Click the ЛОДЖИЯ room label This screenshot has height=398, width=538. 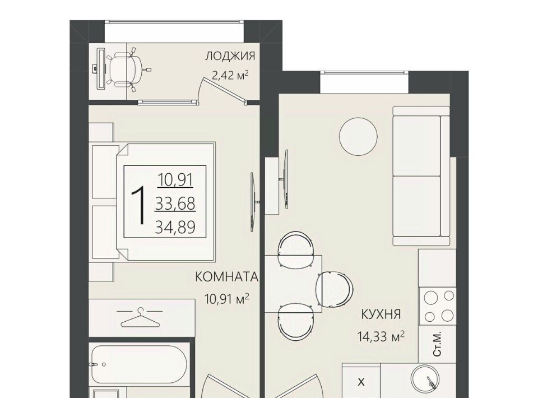tap(230, 56)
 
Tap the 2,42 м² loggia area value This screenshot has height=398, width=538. tap(230, 75)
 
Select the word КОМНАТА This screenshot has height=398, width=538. tap(227, 277)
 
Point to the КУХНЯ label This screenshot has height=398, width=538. tap(381, 314)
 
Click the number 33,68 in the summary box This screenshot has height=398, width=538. tap(175, 203)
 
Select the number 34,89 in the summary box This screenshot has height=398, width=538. tap(175, 227)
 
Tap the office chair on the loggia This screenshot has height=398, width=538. tap(128, 70)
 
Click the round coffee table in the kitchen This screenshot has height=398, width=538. tap(358, 137)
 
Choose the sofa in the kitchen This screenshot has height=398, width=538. tap(421, 176)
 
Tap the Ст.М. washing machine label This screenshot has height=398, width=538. tap(437, 344)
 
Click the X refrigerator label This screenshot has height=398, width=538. tap(361, 382)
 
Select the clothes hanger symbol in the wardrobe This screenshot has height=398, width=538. tap(140, 318)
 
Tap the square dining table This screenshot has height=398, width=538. tap(293, 284)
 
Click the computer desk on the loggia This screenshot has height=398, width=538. tap(100, 69)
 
